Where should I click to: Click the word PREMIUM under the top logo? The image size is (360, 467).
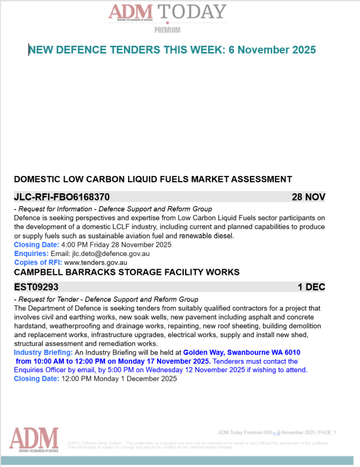167,30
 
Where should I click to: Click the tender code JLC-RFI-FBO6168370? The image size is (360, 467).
62,197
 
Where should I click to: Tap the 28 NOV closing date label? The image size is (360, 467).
308,197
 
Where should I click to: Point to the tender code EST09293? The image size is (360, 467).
36,286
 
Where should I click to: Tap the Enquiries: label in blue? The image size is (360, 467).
31,253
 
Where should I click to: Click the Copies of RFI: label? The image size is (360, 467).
38,262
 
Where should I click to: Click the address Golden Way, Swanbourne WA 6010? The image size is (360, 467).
242,353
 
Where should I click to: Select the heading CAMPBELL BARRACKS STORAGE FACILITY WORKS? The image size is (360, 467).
126,272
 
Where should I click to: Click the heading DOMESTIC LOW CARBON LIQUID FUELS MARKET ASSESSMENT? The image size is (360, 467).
153,179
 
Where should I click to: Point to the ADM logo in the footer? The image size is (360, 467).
34,439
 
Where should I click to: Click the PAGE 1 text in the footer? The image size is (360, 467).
327,432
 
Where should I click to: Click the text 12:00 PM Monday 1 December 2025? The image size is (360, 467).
119,378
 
